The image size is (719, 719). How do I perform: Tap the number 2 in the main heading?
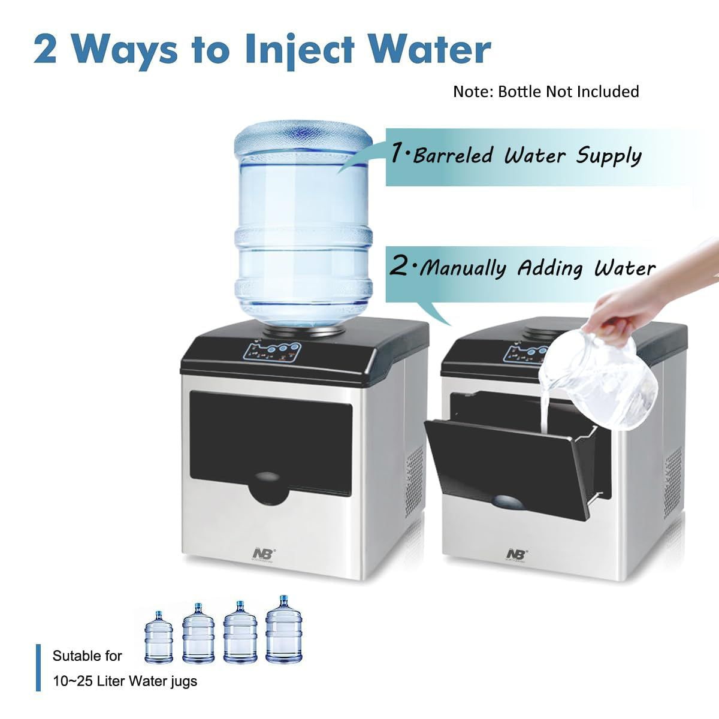46,49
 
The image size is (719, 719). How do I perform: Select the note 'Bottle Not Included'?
546,92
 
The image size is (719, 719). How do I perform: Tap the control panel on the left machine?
273,351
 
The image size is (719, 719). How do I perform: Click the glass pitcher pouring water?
605,383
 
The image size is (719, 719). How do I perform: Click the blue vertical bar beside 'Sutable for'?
39,667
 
